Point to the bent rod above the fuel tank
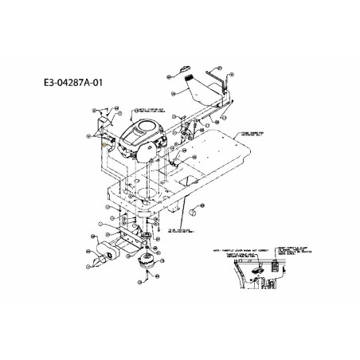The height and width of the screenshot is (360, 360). (x=228, y=80)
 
